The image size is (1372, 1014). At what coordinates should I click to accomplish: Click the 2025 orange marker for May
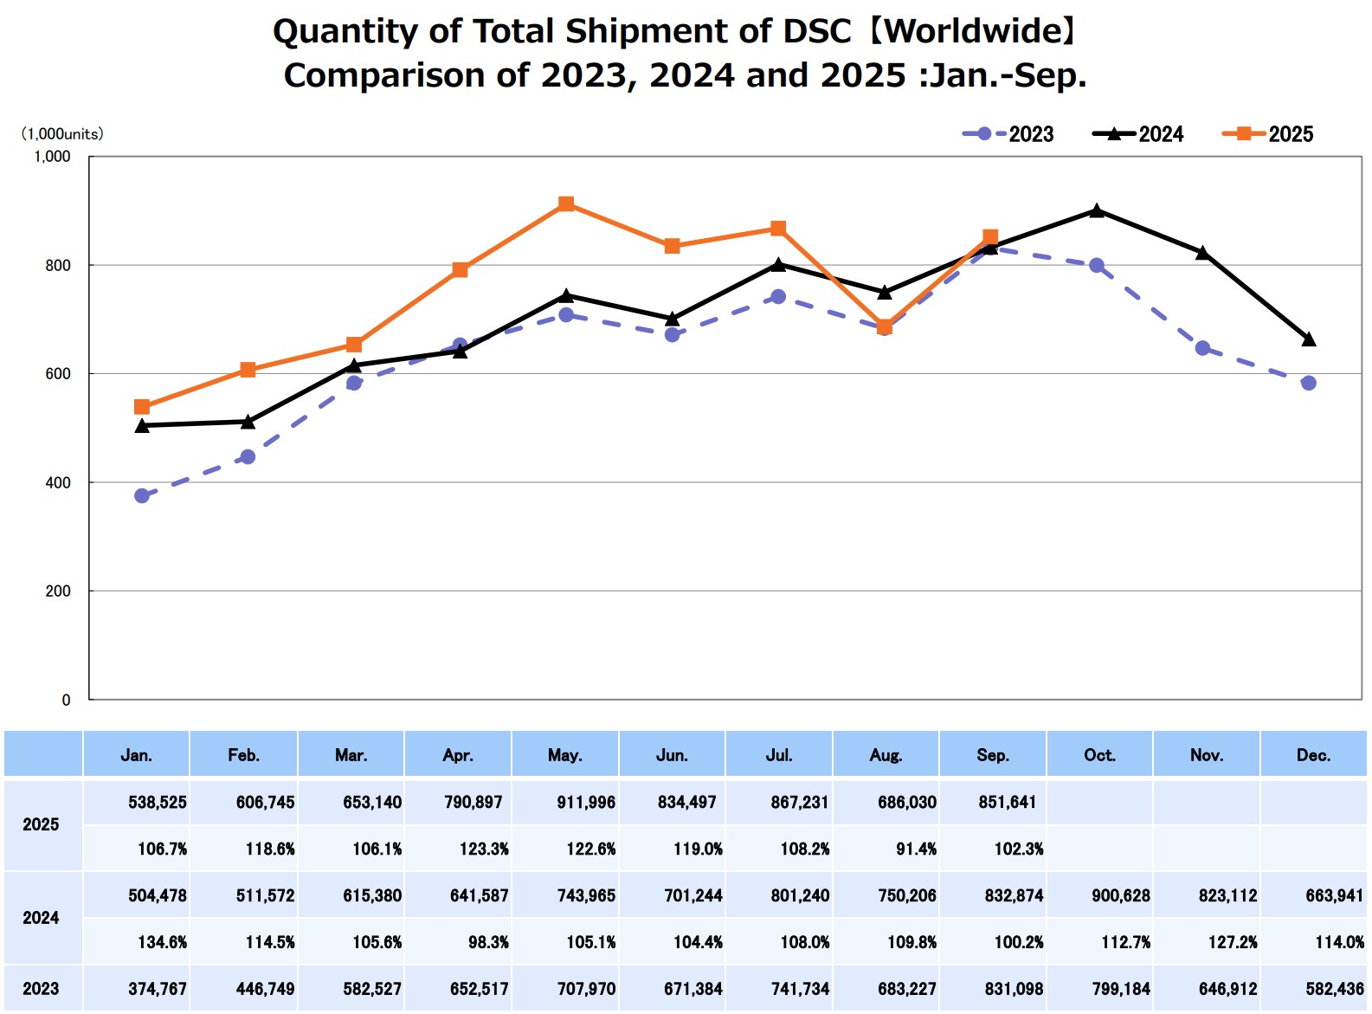pos(566,204)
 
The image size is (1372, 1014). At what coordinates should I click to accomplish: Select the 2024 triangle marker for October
pos(1097,210)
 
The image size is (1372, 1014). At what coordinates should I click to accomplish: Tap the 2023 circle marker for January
pos(142,496)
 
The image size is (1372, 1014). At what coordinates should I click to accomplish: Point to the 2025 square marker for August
pos(885,327)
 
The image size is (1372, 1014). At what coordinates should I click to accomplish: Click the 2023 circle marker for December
pos(1309,383)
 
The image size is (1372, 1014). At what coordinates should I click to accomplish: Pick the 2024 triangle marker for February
pos(248,422)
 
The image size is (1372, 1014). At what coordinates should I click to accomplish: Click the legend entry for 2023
pos(1008,134)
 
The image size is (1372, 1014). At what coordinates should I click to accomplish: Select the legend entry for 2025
pos(1268,134)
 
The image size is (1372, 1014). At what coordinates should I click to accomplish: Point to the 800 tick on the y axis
pos(58,266)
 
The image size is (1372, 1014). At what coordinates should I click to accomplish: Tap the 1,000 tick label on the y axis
pos(52,157)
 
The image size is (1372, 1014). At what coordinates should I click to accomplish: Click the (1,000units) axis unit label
pos(62,134)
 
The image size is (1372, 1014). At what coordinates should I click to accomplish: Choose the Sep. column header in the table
pos(993,755)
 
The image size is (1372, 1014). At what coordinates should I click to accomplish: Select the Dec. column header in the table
pos(1313,755)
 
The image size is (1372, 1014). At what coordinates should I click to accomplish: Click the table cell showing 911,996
pos(586,803)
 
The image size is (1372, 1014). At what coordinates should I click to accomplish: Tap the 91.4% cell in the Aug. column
pos(916,849)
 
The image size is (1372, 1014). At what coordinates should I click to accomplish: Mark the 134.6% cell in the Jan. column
pos(162,943)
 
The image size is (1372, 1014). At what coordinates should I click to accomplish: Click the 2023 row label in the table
pos(41,989)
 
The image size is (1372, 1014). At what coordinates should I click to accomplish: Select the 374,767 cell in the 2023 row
pos(158,989)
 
